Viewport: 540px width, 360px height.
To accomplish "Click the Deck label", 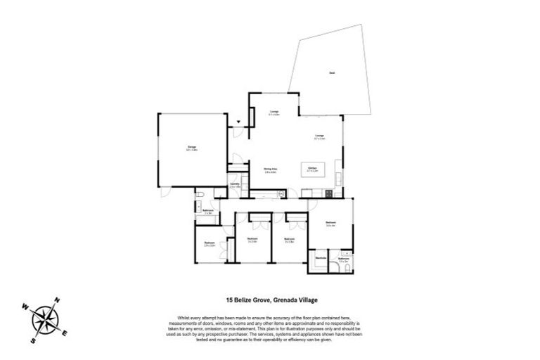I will click(x=331, y=72).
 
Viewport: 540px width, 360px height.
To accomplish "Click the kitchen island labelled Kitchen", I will click(x=314, y=170).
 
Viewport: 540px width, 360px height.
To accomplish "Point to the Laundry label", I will click(x=235, y=186).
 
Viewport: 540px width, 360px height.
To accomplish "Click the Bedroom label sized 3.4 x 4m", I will click(x=330, y=225).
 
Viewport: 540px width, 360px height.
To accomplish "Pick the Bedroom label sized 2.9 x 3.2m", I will click(x=209, y=245).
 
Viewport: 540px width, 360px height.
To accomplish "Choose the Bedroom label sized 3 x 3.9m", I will click(x=252, y=240).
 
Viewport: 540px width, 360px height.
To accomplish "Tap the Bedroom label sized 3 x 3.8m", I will click(x=288, y=240).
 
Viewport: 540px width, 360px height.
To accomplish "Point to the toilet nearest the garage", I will click(x=201, y=193).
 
